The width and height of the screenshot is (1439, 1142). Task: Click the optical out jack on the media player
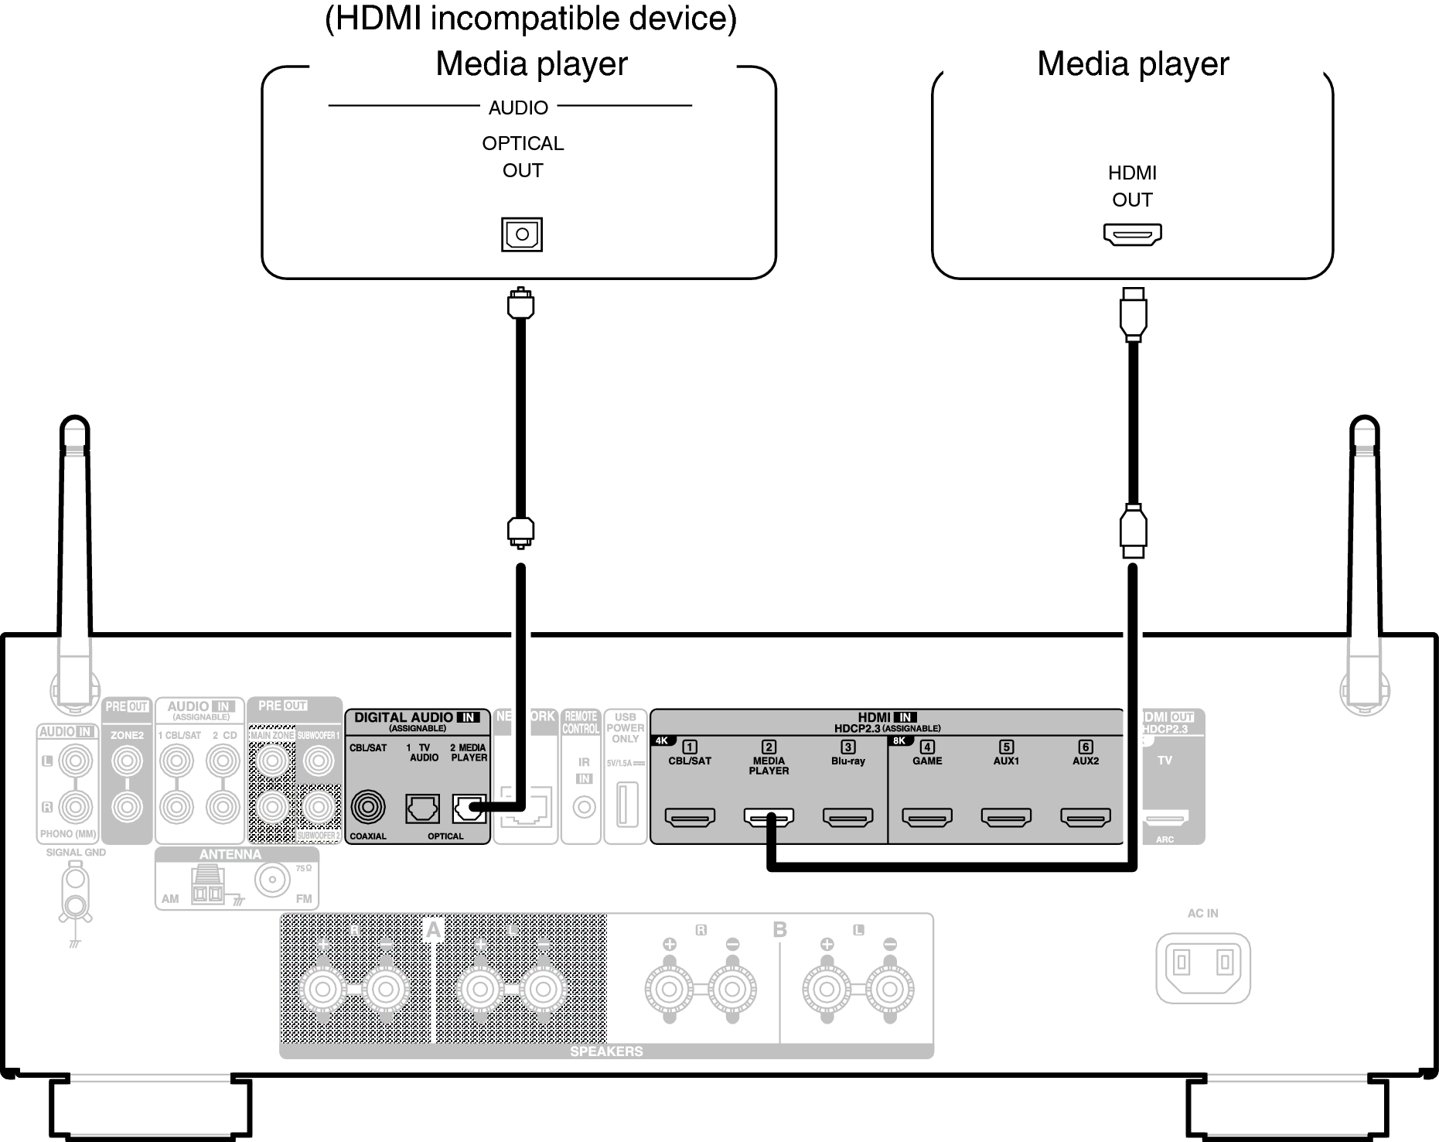[x=522, y=234]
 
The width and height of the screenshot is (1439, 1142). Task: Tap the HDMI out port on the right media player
[x=1132, y=234]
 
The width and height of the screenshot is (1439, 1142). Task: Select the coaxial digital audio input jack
[x=368, y=808]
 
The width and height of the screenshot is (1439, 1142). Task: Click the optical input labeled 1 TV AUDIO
[x=423, y=809]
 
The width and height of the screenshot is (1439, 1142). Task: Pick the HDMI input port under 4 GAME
[x=927, y=816]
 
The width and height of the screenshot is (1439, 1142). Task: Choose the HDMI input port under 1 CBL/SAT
[x=690, y=816]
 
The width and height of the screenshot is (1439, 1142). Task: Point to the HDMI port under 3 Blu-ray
[x=847, y=816]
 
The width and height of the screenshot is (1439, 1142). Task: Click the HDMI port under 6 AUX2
[x=1085, y=816]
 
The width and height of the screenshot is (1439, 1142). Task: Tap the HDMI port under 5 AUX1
[x=1006, y=816]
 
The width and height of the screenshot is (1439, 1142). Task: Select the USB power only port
[x=626, y=805]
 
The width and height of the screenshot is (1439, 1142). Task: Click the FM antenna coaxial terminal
[x=272, y=880]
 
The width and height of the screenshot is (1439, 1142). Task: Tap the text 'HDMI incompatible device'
[x=530, y=19]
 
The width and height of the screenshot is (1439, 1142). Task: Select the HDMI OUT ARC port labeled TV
[x=1165, y=817]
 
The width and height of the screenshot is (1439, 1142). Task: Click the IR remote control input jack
[x=584, y=808]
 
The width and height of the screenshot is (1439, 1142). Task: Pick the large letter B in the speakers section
[x=779, y=929]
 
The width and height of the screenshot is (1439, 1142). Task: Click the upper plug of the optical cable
[x=520, y=303]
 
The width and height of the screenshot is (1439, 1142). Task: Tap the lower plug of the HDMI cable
[x=1133, y=531]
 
